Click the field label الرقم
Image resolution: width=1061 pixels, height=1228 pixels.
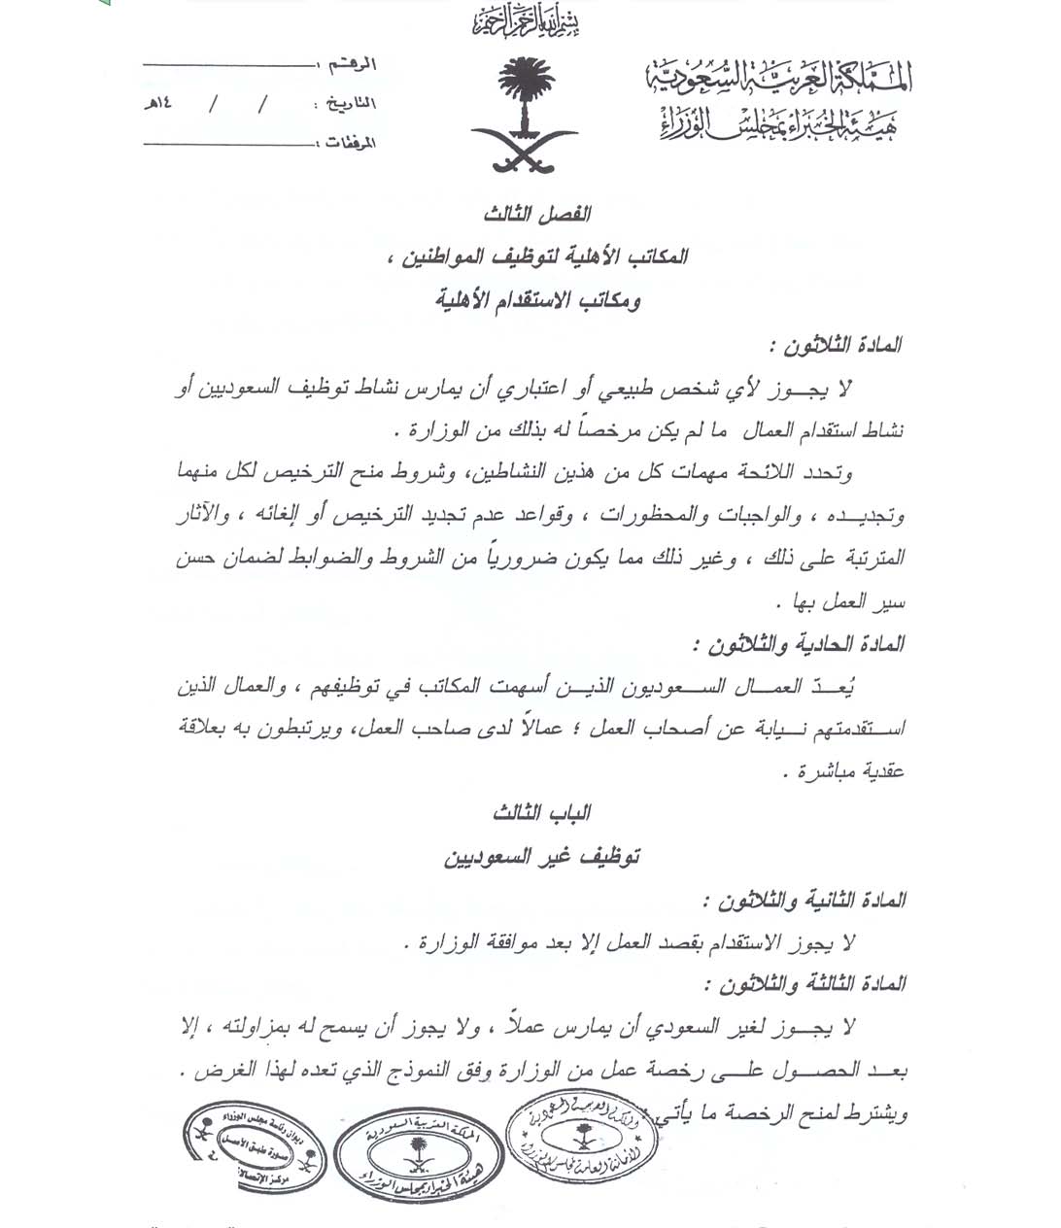(x=351, y=65)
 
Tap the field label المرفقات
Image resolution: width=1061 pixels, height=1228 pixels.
(x=347, y=143)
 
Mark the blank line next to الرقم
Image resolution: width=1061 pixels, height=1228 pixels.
(x=229, y=65)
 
